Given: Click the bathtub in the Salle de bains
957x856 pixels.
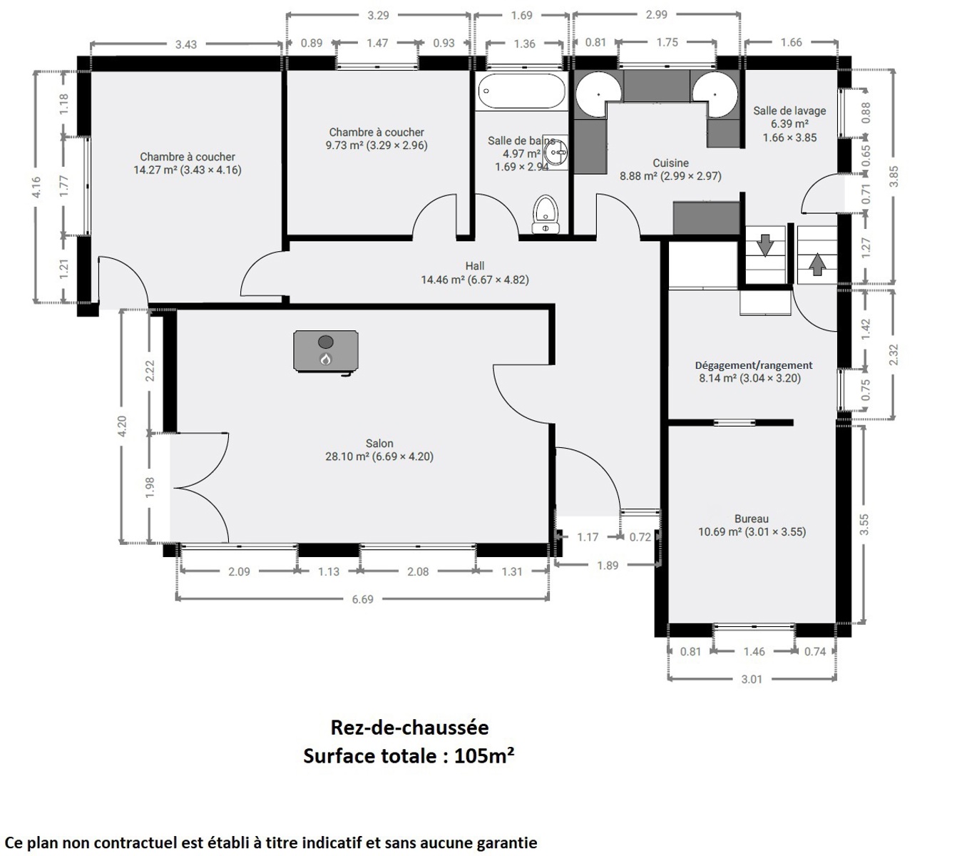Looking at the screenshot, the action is (x=521, y=91).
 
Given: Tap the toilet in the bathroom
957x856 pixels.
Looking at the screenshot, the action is (x=546, y=215).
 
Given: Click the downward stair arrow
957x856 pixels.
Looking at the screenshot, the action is (x=764, y=245).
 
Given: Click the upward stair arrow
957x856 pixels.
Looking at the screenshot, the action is (x=817, y=264).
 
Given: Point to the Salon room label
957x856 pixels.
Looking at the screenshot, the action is (x=379, y=444).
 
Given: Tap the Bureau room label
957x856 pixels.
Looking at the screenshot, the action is (x=752, y=519).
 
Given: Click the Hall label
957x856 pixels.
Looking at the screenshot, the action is (x=475, y=265).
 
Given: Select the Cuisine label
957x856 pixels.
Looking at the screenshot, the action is (x=671, y=163).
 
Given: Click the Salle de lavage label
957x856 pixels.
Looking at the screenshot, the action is (x=789, y=111).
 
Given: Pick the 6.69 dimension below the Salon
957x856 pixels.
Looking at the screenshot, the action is (x=362, y=599).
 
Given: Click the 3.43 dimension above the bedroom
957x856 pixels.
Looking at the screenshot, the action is (x=185, y=44).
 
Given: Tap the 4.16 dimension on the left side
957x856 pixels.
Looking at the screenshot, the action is (x=37, y=186).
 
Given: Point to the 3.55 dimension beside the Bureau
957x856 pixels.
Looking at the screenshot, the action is (x=864, y=525).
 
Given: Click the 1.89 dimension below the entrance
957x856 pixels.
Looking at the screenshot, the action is (x=608, y=565).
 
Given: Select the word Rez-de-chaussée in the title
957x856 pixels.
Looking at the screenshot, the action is (x=409, y=728).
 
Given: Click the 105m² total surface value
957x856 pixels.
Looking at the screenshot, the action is (x=484, y=756).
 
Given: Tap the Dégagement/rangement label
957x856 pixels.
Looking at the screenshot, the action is (x=754, y=365).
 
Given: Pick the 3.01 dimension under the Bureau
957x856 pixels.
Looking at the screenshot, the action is (x=752, y=679).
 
